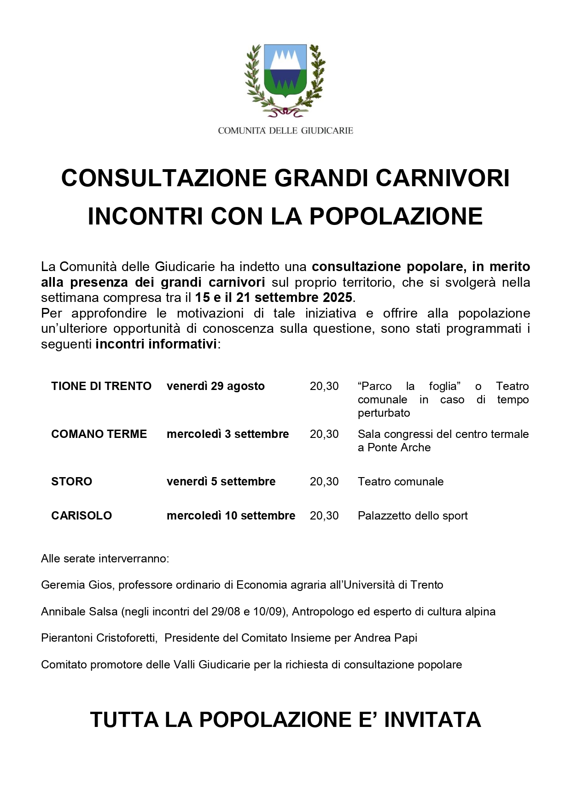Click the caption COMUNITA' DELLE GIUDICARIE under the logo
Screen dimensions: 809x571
tap(285, 131)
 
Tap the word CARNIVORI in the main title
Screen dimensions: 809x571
tap(443, 178)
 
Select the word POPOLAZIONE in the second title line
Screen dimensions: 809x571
tap(396, 216)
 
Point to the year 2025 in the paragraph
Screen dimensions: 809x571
tap(338, 297)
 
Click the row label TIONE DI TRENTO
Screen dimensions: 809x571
tap(101, 386)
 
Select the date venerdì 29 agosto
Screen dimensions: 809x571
tap(216, 386)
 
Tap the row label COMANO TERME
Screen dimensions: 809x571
tap(99, 434)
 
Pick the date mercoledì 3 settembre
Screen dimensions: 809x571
tap(227, 434)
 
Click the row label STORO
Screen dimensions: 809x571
tap(71, 482)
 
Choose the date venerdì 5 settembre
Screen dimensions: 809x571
tap(221, 482)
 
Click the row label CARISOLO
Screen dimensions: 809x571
tap(82, 516)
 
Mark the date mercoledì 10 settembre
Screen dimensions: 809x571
tap(231, 516)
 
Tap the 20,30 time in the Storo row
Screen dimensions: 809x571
tap(324, 482)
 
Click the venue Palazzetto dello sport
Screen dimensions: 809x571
tap(413, 516)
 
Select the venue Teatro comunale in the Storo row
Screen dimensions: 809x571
tap(401, 482)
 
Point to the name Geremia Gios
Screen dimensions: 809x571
tap(76, 585)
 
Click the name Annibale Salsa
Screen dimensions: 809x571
tap(79, 612)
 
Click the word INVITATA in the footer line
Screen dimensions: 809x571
tap(432, 720)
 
